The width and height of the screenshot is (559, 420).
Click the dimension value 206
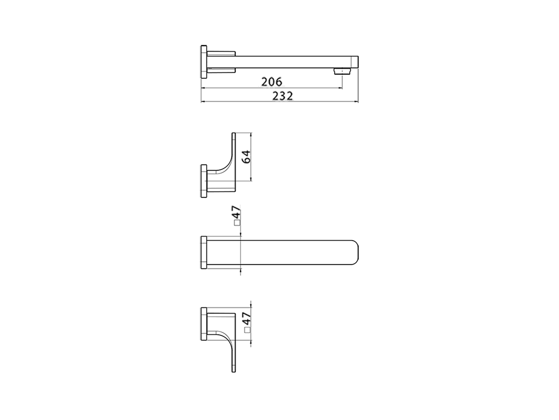point(272,81)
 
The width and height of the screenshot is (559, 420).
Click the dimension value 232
point(283,96)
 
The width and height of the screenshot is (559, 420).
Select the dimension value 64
point(246,157)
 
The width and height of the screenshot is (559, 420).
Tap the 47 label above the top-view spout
point(236,213)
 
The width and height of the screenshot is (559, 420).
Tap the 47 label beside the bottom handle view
point(246,318)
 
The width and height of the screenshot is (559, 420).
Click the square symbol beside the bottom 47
point(247,330)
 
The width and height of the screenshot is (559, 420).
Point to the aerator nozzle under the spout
point(342,71)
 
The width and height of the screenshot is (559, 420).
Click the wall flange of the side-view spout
point(204,62)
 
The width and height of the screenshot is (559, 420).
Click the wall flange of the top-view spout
point(203,252)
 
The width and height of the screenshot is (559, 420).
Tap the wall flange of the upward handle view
point(203,181)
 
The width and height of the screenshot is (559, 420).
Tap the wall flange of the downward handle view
point(203,324)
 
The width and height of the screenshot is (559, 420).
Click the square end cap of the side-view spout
point(355,62)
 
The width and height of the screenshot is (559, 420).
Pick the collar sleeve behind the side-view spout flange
point(221,62)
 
